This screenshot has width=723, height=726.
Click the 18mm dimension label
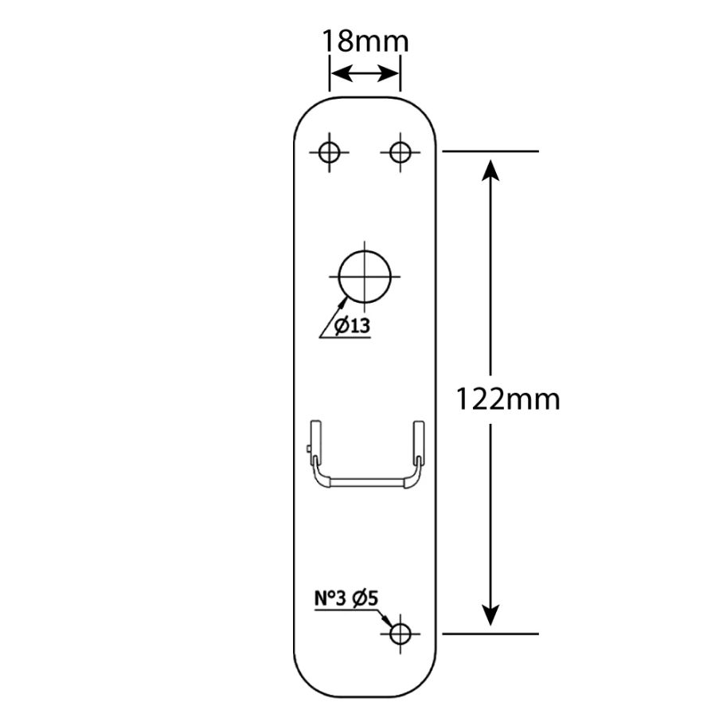[365, 41]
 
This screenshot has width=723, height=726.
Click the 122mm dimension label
[507, 398]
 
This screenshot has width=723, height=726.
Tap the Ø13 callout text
[352, 326]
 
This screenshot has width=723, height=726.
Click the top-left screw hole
[329, 151]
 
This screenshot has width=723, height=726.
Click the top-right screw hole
[400, 151]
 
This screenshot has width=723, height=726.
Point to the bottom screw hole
[400, 634]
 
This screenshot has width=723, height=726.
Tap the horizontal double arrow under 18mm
[365, 75]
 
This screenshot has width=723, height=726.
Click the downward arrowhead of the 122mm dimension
[491, 614]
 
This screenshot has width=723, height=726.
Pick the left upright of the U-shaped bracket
[315, 446]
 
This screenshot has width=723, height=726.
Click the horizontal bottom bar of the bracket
[366, 481]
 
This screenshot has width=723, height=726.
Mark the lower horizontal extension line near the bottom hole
[490, 634]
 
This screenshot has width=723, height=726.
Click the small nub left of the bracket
[307, 452]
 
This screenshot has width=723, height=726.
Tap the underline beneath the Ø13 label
[346, 338]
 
